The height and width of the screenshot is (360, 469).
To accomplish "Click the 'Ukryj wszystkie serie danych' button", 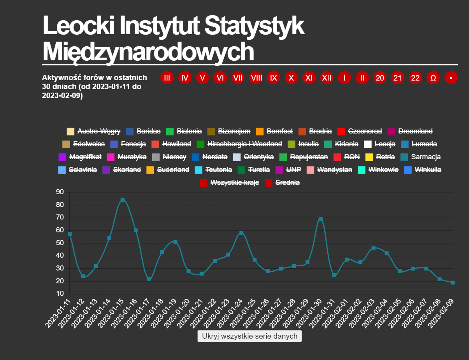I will point(249,336).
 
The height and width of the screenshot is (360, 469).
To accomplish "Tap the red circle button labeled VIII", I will point(256,78).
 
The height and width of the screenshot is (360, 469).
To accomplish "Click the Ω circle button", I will point(433,78).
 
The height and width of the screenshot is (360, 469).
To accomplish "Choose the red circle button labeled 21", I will point(397,78).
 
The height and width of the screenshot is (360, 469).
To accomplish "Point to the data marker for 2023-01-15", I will point(123,200).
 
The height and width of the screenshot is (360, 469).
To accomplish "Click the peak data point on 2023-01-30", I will point(321,219).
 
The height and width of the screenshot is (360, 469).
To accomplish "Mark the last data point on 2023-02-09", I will point(453,283).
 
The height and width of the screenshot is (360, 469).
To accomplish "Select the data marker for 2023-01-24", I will point(241,233).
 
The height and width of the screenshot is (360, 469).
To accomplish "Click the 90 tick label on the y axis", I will point(60,192).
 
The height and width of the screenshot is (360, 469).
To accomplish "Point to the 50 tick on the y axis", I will point(60,243).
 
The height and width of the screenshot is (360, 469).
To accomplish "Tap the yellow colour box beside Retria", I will point(369,157).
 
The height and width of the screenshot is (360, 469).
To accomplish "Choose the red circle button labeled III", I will point(167,78).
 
